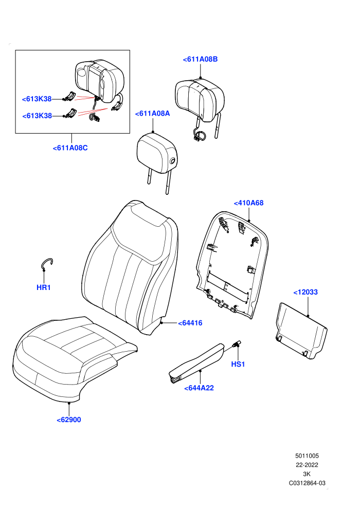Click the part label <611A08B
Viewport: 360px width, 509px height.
point(200,59)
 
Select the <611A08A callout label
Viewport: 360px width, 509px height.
point(152,113)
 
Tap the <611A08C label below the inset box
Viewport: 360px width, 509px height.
point(70,148)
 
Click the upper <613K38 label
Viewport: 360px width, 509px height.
point(37,99)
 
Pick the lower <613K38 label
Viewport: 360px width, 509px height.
point(37,116)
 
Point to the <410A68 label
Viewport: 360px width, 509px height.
point(248,203)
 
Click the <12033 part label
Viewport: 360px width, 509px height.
point(305,292)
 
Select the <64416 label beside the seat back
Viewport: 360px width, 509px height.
point(190,323)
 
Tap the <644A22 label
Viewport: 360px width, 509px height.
point(199,388)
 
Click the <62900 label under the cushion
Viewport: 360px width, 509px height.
point(69,420)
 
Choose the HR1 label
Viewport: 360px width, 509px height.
point(44,287)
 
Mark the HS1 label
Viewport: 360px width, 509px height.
point(238,364)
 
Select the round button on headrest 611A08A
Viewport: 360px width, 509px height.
point(172,160)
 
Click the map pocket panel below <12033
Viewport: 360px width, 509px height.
point(301,331)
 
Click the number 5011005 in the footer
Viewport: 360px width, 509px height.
point(307,456)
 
